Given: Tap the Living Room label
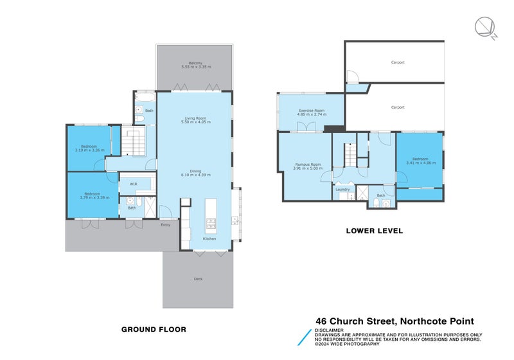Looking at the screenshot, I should (195, 118).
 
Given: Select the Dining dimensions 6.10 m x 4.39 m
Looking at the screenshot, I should (196, 175).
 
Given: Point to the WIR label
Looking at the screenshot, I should (134, 184).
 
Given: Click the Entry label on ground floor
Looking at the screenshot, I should (166, 224).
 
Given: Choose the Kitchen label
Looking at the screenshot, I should (209, 239).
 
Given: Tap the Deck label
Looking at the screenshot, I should (198, 278).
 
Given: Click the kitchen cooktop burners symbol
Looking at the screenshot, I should (211, 224).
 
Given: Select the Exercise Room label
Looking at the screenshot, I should (311, 111).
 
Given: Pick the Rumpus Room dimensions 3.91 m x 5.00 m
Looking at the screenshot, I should (306, 168).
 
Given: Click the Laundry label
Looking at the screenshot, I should (342, 189).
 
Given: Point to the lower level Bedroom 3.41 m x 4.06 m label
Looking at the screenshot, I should (421, 161).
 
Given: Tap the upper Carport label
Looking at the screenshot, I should (398, 62).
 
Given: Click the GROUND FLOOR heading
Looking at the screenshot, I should (154, 329).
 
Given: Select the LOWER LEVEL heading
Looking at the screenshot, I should (375, 231).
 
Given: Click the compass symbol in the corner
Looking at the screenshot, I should (485, 28).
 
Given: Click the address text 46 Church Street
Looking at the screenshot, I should (357, 321).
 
